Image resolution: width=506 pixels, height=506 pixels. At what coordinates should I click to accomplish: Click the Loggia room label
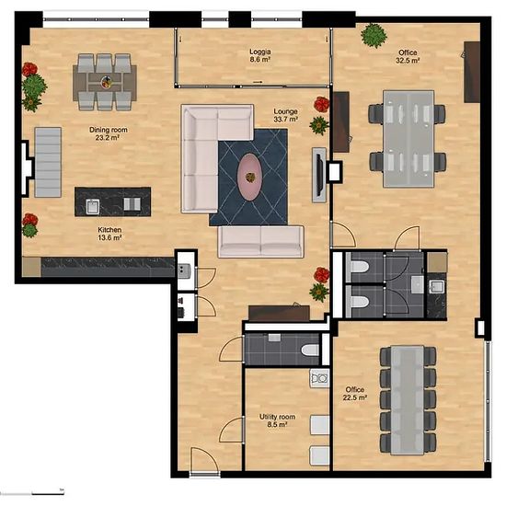(x=260, y=55)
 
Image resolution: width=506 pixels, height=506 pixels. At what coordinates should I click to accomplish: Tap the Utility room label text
(x=277, y=420)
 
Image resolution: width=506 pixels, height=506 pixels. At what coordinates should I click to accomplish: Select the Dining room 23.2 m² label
(x=109, y=133)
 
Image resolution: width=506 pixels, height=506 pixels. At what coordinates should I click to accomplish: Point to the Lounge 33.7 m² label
(x=285, y=115)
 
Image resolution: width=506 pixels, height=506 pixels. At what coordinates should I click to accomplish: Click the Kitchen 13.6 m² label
(x=109, y=234)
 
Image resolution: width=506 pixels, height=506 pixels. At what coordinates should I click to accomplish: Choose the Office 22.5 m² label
(x=354, y=394)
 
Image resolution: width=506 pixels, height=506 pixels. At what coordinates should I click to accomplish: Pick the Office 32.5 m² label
(x=408, y=56)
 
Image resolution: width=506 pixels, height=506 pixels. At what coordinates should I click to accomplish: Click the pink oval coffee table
(x=249, y=178)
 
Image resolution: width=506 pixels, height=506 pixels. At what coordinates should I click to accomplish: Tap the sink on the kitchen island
(x=93, y=206)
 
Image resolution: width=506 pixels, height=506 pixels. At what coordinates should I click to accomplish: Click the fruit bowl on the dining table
(x=107, y=82)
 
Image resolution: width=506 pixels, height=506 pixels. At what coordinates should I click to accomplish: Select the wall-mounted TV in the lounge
(x=319, y=175)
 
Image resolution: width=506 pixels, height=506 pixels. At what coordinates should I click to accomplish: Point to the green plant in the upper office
(x=374, y=35)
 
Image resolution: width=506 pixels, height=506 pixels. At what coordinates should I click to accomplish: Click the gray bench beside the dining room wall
(x=48, y=162)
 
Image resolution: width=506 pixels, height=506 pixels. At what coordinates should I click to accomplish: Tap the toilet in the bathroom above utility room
(x=310, y=351)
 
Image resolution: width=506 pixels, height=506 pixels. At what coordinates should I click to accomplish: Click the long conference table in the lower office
(x=408, y=400)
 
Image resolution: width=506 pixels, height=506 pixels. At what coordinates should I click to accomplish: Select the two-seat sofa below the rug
(x=260, y=241)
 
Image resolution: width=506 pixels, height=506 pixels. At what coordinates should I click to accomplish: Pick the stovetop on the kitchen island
(x=132, y=204)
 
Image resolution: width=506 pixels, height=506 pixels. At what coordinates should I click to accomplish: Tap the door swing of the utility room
(x=232, y=430)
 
